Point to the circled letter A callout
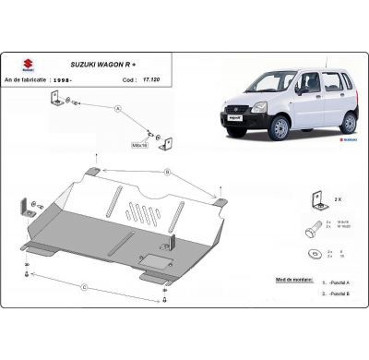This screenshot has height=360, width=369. click(x=118, y=108)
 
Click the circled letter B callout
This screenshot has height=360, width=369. click(x=166, y=172)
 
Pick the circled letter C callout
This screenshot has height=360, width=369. click(x=85, y=287)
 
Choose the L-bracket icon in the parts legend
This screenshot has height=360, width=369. click(x=313, y=197)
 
